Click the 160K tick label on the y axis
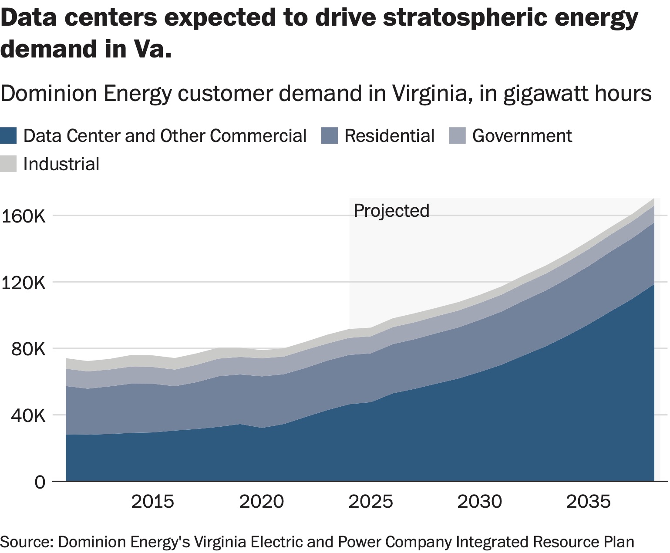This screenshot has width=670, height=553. click(x=24, y=216)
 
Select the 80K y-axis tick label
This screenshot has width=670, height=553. click(x=29, y=349)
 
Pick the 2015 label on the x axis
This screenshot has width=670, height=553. click(x=152, y=502)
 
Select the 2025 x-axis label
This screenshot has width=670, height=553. click(x=370, y=502)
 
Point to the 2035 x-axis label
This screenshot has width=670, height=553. click(x=588, y=502)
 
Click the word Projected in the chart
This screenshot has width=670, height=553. click(x=391, y=211)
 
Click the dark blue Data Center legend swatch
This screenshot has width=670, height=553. click(x=8, y=135)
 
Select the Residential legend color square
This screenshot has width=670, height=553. click(x=329, y=135)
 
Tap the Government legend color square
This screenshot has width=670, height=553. click(x=457, y=135)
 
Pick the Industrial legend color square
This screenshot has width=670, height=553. click(x=8, y=164)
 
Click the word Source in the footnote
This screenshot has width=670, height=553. click(x=26, y=542)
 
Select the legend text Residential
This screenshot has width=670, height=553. click(x=389, y=136)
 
